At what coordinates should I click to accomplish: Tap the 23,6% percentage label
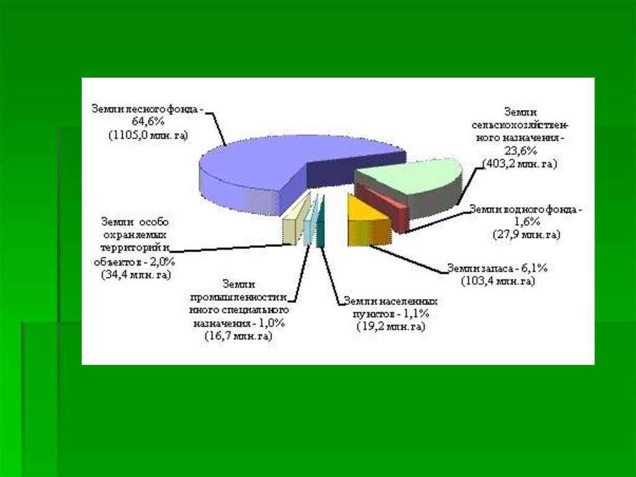tap(520, 151)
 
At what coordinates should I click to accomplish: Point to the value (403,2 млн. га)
tap(520, 164)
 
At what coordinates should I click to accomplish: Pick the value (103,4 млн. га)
tap(497, 281)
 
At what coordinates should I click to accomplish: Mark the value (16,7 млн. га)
tap(238, 336)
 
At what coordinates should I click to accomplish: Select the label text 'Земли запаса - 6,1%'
tap(497, 269)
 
